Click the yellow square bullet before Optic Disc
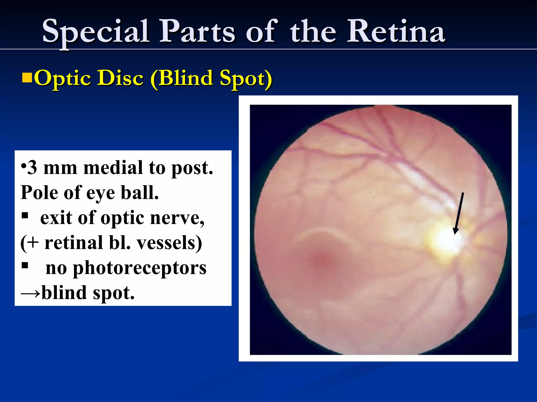27,78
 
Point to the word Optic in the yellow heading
63,78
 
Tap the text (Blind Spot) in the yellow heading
211,78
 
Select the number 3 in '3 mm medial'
32,168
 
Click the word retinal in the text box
73,243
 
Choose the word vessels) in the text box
169,243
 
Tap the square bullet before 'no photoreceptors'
25,266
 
